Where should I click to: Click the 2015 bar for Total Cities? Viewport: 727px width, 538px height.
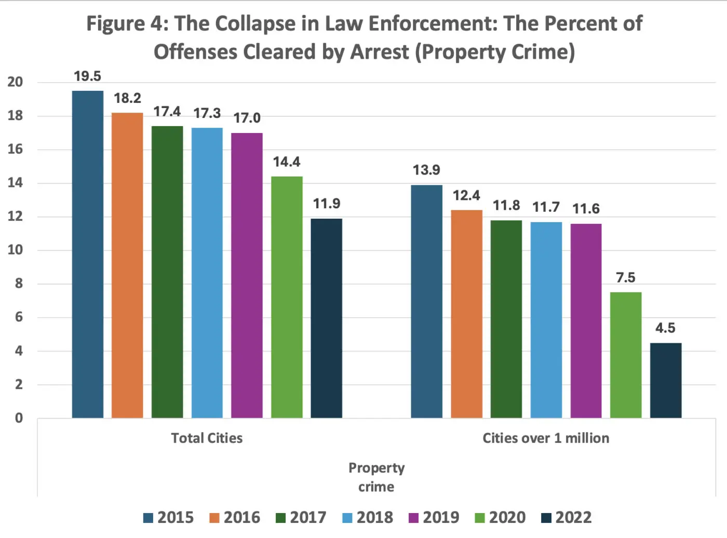click(x=87, y=254)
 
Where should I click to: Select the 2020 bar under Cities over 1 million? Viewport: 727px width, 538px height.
click(x=626, y=355)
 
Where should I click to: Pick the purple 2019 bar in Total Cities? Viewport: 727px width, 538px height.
click(x=247, y=275)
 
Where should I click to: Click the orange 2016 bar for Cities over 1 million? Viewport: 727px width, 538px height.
click(x=466, y=314)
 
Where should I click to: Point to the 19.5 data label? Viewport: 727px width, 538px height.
click(x=87, y=76)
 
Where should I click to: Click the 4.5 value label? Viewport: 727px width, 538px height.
click(x=665, y=328)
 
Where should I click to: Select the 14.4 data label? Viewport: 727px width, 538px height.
click(x=287, y=162)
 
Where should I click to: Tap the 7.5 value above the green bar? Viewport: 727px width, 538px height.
click(x=626, y=278)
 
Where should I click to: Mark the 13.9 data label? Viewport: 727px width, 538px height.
click(x=426, y=170)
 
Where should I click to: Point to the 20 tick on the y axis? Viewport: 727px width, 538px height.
click(x=15, y=82)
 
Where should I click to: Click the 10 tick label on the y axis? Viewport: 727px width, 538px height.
click(x=15, y=250)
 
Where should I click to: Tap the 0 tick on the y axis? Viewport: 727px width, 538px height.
click(x=19, y=418)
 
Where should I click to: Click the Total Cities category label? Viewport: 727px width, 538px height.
click(x=207, y=438)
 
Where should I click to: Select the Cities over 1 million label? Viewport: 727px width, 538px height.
click(x=546, y=438)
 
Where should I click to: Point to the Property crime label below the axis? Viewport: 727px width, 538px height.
click(x=376, y=477)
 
